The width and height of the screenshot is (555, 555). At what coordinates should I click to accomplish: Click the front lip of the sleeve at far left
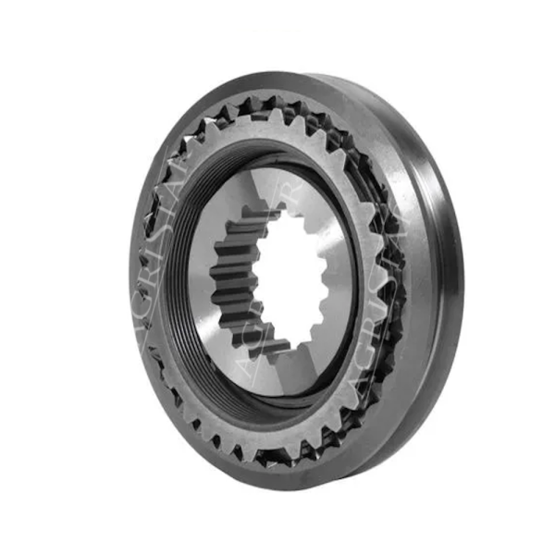[x=134, y=277]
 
